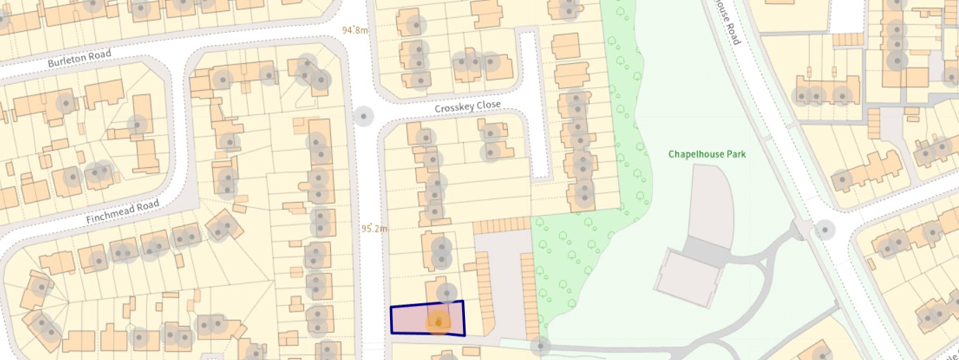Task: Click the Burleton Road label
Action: click(x=79, y=58)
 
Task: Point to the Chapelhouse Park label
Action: click(x=707, y=154)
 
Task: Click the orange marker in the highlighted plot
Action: click(x=438, y=322)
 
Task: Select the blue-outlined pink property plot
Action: click(x=416, y=319)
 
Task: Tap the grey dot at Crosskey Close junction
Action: click(x=363, y=116)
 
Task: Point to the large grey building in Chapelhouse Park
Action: click(x=687, y=276)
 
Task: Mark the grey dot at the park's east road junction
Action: click(x=825, y=229)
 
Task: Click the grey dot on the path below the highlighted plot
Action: click(x=540, y=345)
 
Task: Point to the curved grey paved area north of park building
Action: click(x=708, y=201)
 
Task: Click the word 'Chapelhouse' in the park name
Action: click(x=696, y=154)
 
